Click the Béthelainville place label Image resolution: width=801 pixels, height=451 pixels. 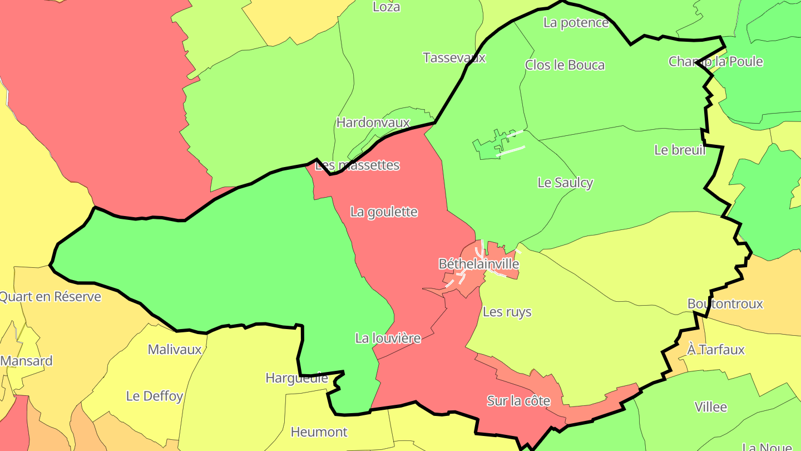479,264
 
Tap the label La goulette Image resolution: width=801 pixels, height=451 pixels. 384,212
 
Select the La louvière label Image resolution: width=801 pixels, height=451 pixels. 388,338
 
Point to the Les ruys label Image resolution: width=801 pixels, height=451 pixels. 507,312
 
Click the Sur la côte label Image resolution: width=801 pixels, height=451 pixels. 518,401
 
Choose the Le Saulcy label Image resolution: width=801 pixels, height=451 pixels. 565,183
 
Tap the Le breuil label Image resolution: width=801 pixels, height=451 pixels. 680,150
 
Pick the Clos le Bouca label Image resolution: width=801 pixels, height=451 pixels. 565,65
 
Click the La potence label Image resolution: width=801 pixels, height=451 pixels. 576,23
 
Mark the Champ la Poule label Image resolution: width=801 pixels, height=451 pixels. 715,61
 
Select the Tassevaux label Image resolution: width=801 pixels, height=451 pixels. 454,58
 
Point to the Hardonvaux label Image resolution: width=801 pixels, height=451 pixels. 373,122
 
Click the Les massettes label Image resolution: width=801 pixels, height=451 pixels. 357,165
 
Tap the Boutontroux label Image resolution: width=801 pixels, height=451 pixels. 725,304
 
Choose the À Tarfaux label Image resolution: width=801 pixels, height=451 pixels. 715,350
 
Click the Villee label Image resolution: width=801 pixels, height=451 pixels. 710,407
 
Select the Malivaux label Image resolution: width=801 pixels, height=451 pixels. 175,350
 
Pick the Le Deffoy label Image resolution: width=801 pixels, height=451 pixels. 154,396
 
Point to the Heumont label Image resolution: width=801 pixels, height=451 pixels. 319,432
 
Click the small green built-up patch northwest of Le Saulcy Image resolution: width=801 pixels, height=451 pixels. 488,148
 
